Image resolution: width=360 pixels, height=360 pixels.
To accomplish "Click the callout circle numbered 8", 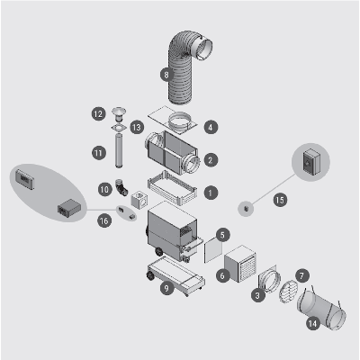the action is [166, 75].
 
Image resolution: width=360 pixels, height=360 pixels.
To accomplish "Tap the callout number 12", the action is [98, 114].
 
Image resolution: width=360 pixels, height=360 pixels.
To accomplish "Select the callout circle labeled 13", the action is [137, 128].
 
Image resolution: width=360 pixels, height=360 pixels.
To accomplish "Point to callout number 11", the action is [99, 153].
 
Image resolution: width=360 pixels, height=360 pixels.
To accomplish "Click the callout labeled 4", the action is [211, 127].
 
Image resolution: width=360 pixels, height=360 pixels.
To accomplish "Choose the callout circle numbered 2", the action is [211, 159].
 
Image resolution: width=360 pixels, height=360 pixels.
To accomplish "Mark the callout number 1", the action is [211, 193].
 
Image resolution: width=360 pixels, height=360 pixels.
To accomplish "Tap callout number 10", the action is [104, 190].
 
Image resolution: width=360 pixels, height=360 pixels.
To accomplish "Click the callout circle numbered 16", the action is [103, 221].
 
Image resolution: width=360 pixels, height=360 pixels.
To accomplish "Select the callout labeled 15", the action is [280, 200].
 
